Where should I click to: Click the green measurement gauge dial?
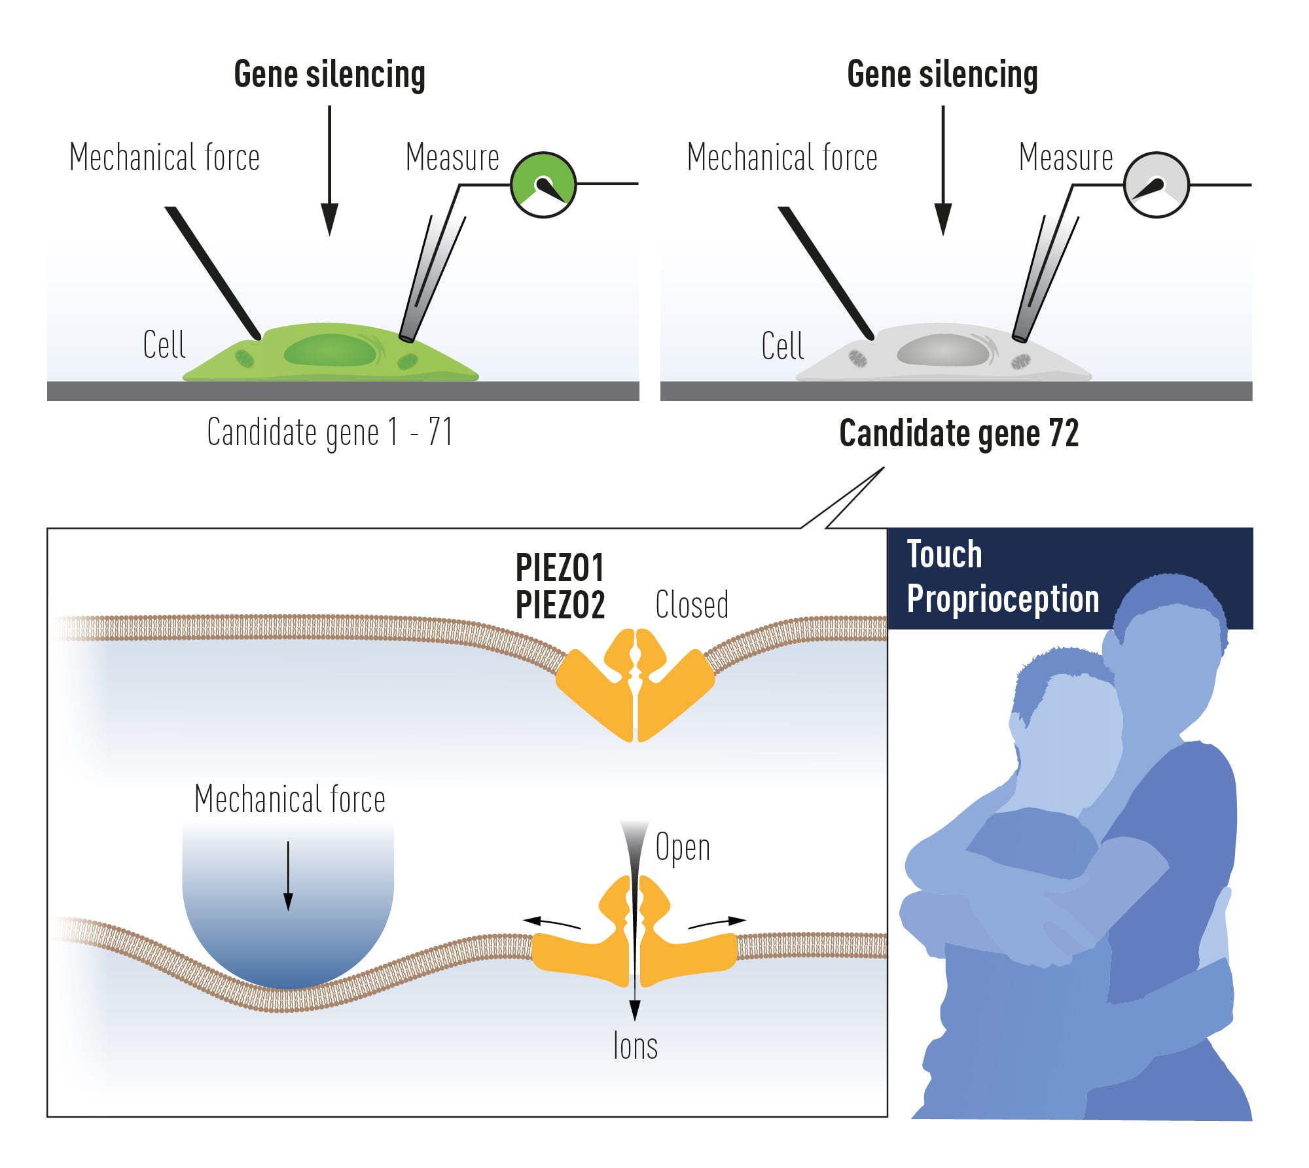coord(543,185)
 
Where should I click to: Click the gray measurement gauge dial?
coord(1156,185)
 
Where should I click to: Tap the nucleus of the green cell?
coord(331,351)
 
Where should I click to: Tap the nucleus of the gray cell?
coord(943,351)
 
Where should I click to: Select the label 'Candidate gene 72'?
coord(959,433)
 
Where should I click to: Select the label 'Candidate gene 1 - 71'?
coord(329,432)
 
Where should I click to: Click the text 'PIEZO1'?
coord(560,567)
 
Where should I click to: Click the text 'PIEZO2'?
coord(560,605)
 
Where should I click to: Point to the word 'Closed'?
coord(692,605)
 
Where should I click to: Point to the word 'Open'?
coord(683,848)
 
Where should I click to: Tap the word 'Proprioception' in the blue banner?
coord(1003,599)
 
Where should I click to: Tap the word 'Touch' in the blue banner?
coord(944,555)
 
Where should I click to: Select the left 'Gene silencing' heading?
coord(329,74)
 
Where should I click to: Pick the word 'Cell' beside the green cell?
coord(164,345)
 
